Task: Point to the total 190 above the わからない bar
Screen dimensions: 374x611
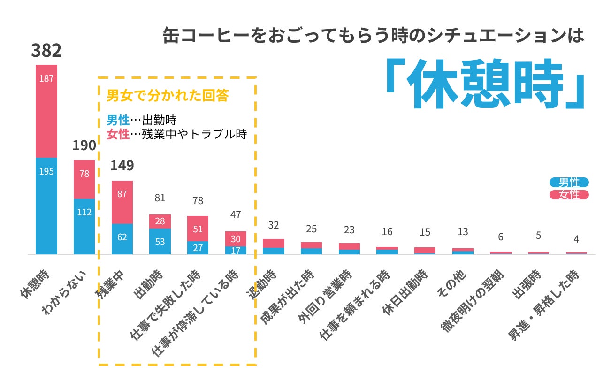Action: tap(84, 145)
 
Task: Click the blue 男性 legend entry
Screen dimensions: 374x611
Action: tap(569, 183)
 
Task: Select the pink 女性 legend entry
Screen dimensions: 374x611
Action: tap(569, 195)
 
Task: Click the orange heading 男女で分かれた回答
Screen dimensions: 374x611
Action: tap(168, 96)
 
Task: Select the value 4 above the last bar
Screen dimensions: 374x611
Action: tap(576, 239)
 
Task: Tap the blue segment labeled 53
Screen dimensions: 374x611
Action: tap(160, 241)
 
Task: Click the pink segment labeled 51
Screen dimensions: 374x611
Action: tap(198, 229)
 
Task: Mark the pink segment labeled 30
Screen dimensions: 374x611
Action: tap(236, 238)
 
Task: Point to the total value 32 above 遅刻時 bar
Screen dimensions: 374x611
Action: tap(274, 225)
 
